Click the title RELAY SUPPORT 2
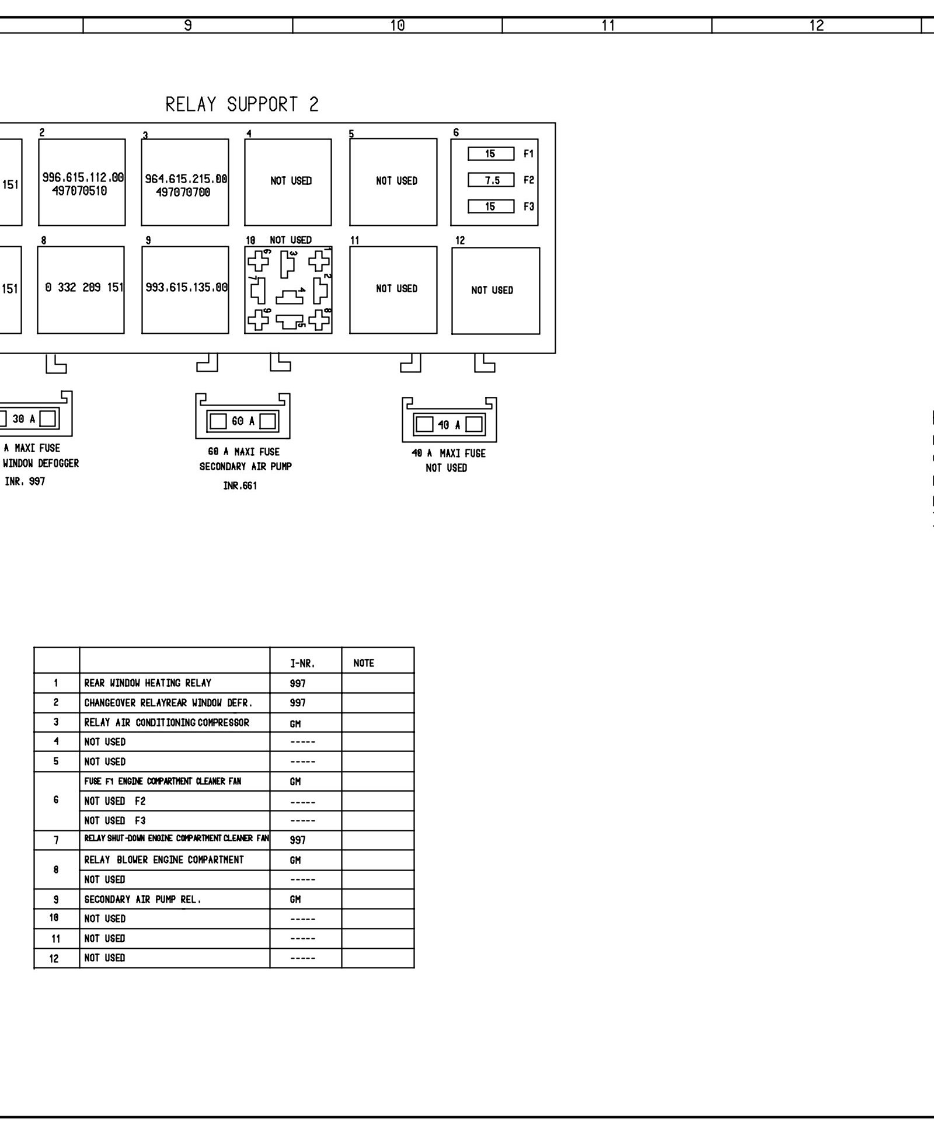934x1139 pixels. [x=242, y=104]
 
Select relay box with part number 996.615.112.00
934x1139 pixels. [x=82, y=182]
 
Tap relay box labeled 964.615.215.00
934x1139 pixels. [x=185, y=182]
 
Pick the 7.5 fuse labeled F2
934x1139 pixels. [x=491, y=180]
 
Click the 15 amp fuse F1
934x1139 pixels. [x=491, y=154]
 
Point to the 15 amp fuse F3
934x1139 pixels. [x=491, y=207]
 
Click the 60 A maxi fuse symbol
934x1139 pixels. [x=243, y=421]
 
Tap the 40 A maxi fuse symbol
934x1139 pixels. [x=449, y=425]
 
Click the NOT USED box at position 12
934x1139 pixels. [x=495, y=291]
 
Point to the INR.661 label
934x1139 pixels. [x=240, y=485]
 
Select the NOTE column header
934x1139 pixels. [x=364, y=663]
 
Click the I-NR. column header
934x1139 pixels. [x=302, y=663]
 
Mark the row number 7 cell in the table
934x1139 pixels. [x=56, y=840]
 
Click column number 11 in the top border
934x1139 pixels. [x=608, y=26]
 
